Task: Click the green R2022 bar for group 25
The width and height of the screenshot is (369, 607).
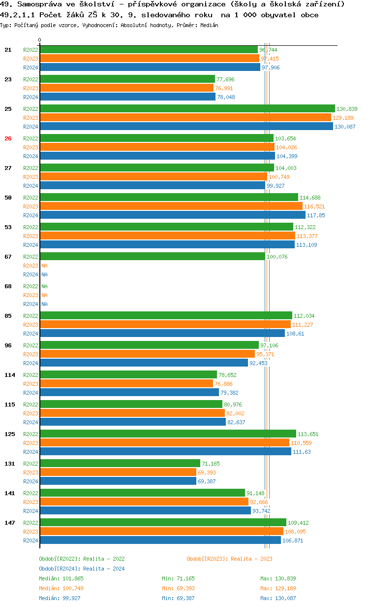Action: [x=187, y=109]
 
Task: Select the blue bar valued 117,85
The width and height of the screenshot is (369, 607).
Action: [x=172, y=215]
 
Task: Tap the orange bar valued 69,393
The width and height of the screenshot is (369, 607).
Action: [x=118, y=472]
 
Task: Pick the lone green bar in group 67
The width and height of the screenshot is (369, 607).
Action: [x=152, y=257]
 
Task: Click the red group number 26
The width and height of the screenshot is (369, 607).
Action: [x=8, y=138]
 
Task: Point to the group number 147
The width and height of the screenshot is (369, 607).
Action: [x=9, y=523]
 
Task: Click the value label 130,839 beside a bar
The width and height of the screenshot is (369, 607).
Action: [x=347, y=109]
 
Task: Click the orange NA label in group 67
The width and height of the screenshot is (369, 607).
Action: [x=44, y=266]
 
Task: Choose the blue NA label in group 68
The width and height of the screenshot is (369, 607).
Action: [x=44, y=304]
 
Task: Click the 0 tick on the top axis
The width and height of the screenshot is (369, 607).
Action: [x=40, y=40]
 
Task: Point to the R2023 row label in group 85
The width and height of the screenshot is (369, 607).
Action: [x=31, y=325]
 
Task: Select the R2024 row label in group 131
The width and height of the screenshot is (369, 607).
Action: [x=31, y=481]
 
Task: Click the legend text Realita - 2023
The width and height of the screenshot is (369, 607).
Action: [x=251, y=559]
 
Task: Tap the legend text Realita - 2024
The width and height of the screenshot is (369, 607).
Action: [x=104, y=569]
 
